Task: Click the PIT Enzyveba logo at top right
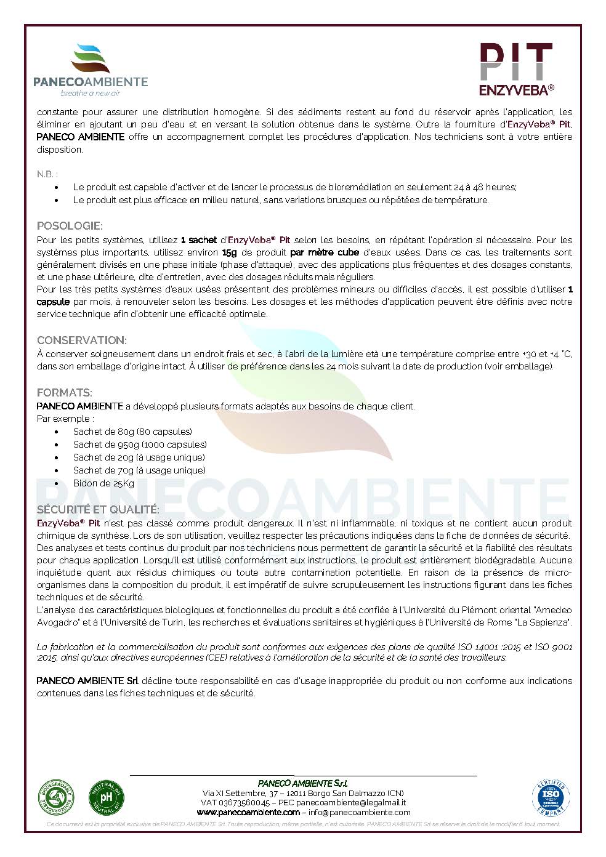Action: click(515, 69)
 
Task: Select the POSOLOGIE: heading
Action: click(70, 226)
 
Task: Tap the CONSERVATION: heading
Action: click(82, 340)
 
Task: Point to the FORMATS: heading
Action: click(65, 393)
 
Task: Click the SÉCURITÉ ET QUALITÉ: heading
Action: click(98, 510)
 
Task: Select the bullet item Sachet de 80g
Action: click(132, 432)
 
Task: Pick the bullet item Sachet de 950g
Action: click(140, 445)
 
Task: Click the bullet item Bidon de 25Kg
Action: click(103, 483)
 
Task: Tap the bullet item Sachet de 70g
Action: click(139, 470)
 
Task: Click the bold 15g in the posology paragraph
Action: click(229, 252)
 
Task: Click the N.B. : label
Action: click(47, 174)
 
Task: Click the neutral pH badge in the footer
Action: click(107, 795)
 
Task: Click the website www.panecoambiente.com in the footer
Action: click(248, 812)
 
